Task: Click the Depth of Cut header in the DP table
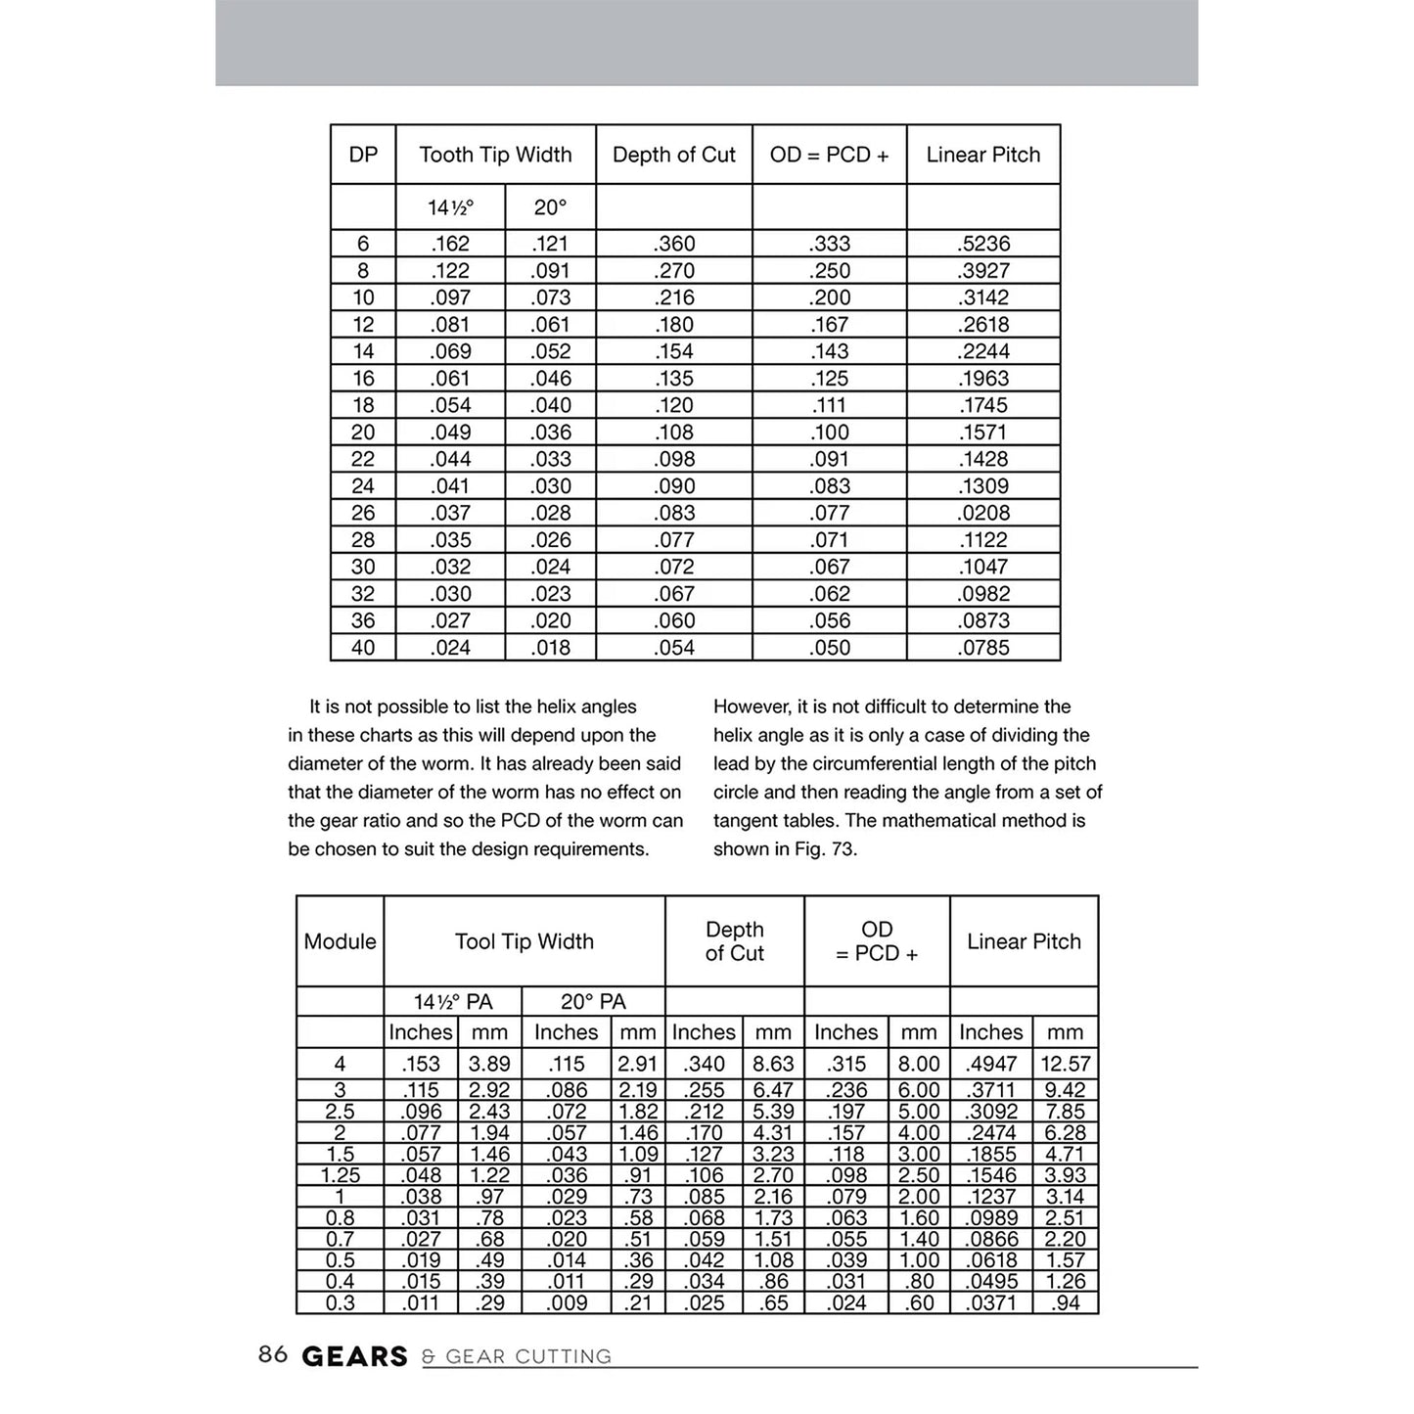(x=673, y=155)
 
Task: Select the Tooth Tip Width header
(x=495, y=155)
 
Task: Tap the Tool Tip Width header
(x=524, y=941)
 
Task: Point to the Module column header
(x=340, y=941)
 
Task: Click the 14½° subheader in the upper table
(x=450, y=207)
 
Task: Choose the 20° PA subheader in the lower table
(x=593, y=1002)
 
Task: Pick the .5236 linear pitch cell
(x=983, y=244)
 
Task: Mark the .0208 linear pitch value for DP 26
(x=983, y=513)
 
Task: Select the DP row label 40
(x=363, y=648)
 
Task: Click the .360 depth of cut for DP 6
(x=674, y=244)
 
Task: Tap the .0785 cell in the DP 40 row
(x=983, y=648)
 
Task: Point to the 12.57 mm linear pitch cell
(x=1066, y=1064)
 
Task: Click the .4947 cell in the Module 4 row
(x=991, y=1064)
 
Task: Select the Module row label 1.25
(x=340, y=1175)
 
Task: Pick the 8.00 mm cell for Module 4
(x=919, y=1064)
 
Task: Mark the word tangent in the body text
(x=746, y=821)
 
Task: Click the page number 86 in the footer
(x=273, y=1354)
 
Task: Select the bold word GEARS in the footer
(x=354, y=1356)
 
